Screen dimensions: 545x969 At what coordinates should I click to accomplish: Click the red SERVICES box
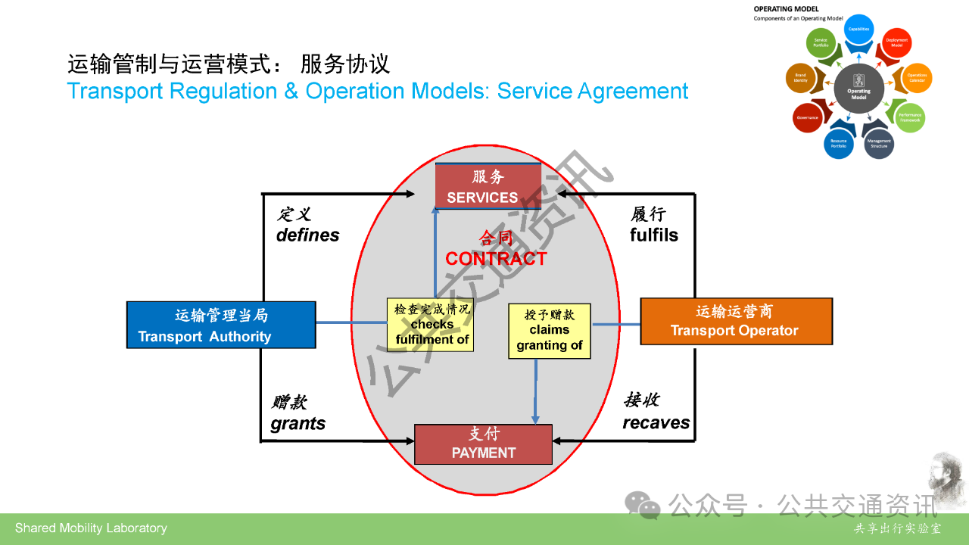(488, 186)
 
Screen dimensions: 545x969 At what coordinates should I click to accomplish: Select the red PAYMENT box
(483, 444)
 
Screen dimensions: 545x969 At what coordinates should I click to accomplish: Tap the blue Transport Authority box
(220, 325)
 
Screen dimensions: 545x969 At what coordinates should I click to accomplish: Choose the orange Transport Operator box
(736, 321)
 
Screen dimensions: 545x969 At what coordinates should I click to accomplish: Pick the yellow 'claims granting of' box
(549, 331)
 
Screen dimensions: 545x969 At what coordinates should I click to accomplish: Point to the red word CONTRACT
(496, 258)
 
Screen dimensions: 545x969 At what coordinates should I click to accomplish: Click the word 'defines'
(307, 235)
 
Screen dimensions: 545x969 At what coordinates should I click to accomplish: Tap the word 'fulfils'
(654, 235)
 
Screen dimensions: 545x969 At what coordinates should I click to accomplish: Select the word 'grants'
(298, 423)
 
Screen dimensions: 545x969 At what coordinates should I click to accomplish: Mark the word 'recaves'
(656, 422)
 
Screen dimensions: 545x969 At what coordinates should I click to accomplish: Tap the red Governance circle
(808, 117)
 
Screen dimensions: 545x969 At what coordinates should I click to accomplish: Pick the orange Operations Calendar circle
(917, 77)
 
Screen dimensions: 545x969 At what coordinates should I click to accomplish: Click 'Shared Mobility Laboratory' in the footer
(91, 528)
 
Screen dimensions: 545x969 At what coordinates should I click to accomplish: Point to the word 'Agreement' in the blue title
(633, 91)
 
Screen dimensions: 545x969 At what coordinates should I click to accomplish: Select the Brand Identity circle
(800, 77)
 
